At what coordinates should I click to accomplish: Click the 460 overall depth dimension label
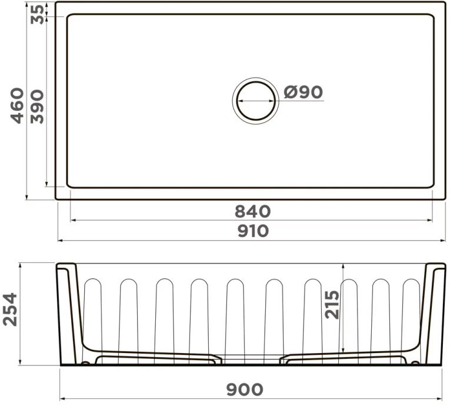coord(18,105)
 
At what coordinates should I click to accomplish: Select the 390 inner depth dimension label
coord(37,106)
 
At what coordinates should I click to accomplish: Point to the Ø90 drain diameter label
coord(303,92)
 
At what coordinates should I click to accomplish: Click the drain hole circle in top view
coord(255,101)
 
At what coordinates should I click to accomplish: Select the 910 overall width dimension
coord(253,231)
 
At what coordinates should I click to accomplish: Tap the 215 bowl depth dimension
coord(333,304)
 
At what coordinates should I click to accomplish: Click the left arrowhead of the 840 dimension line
coord(72,221)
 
